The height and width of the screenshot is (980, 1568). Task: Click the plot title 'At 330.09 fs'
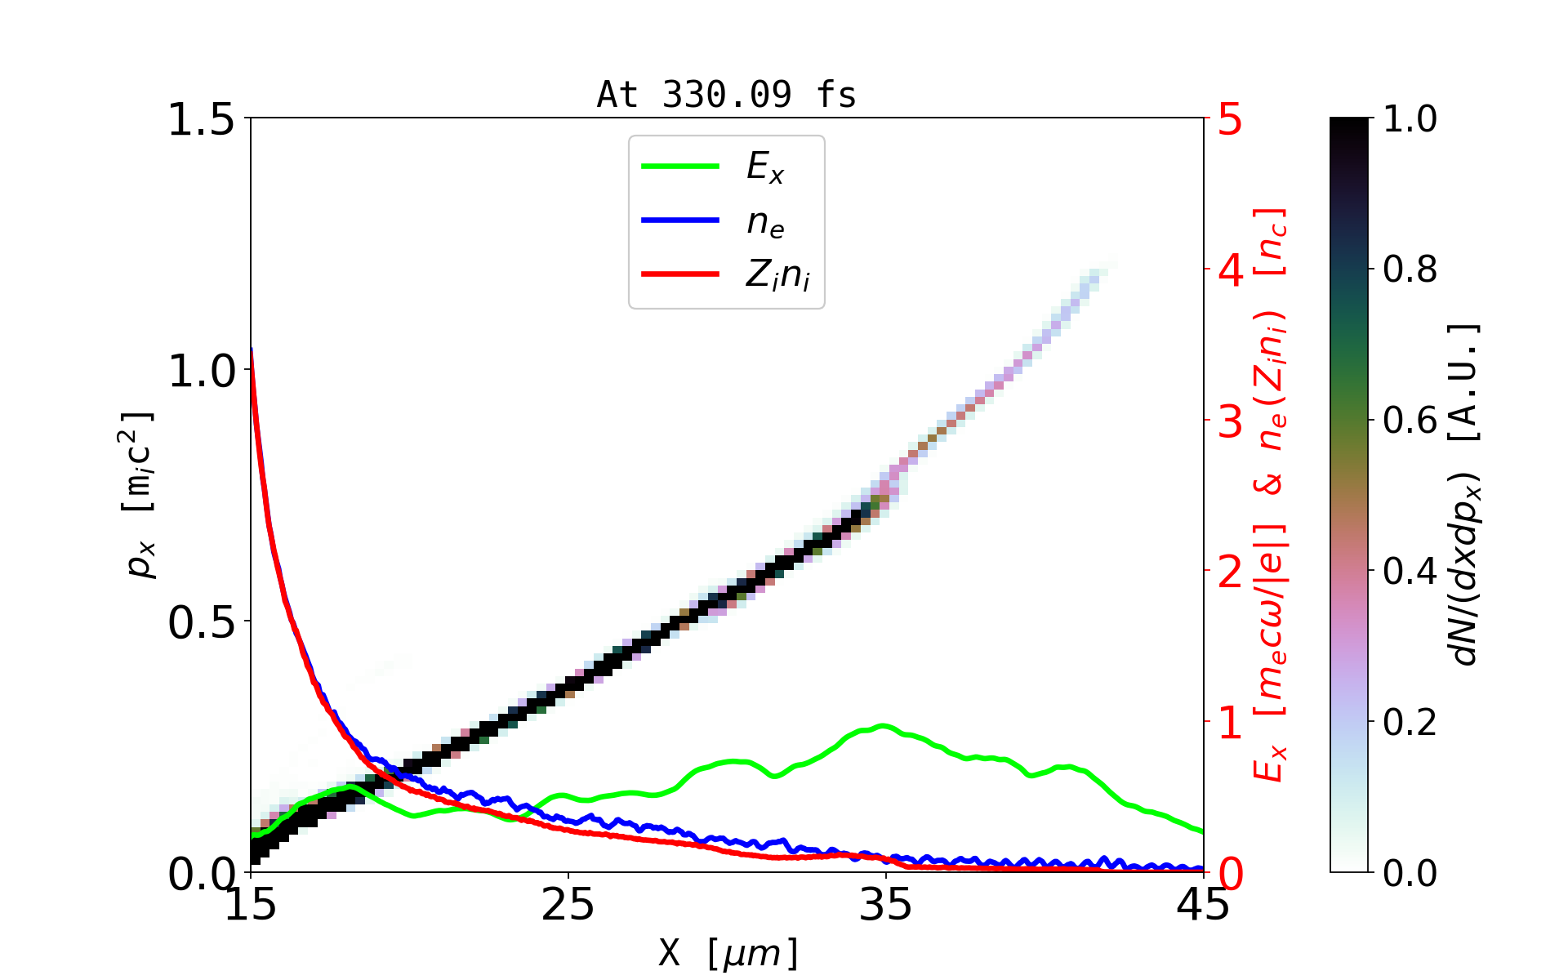[726, 95]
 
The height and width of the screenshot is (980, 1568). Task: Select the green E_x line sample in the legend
[680, 167]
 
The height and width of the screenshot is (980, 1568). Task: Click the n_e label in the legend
[765, 221]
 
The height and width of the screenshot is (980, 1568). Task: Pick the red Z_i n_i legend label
[777, 275]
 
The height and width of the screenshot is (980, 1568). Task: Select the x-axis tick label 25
[568, 905]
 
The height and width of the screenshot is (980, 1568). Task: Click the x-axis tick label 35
[885, 905]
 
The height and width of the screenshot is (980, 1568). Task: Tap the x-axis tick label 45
[1203, 905]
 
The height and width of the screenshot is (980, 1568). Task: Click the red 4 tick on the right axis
[1230, 269]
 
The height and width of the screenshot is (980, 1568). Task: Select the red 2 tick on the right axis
[1230, 572]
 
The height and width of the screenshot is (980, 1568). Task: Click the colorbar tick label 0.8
[1410, 269]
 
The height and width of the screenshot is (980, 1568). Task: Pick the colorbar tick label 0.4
[1410, 572]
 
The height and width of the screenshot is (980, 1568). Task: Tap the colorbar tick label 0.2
[1410, 722]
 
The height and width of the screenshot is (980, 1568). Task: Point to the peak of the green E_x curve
[882, 725]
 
